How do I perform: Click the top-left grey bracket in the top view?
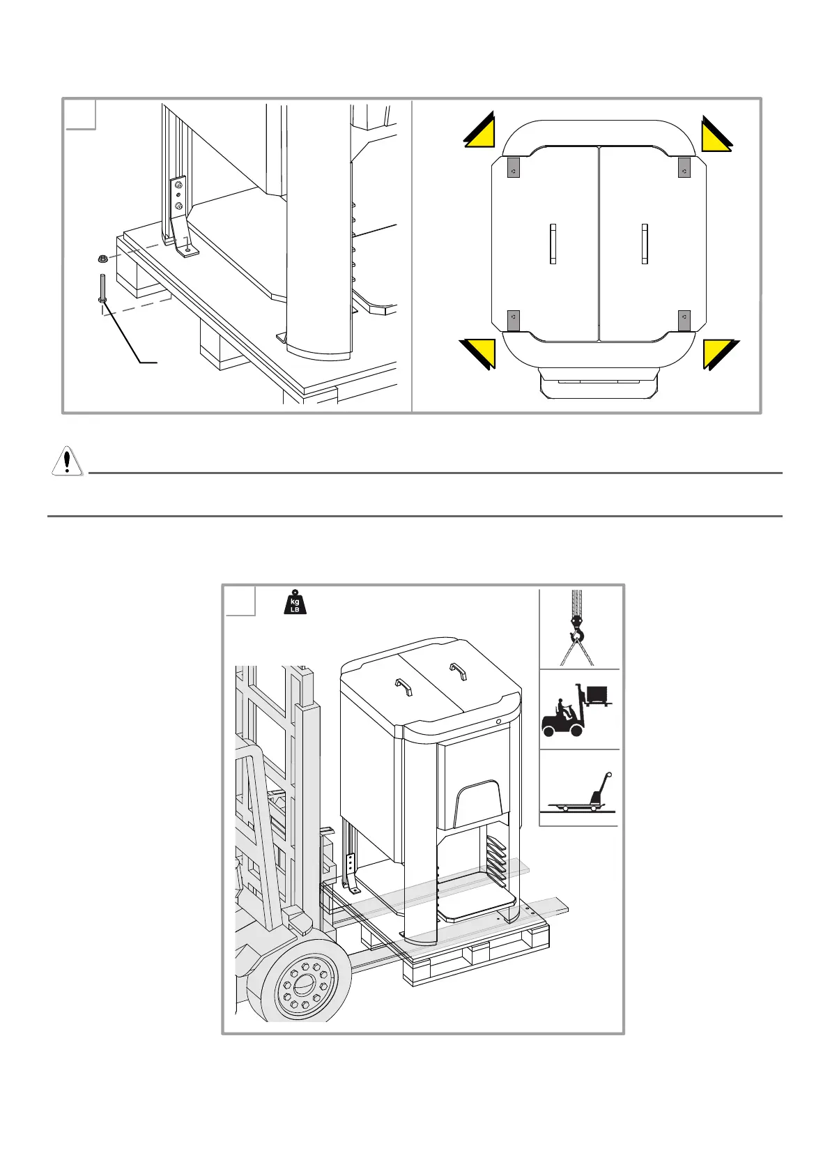[513, 169]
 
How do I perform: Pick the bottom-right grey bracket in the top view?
[684, 320]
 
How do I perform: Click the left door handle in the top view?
[553, 244]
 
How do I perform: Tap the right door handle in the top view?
[645, 244]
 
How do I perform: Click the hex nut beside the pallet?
[103, 259]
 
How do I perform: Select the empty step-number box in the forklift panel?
[240, 602]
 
